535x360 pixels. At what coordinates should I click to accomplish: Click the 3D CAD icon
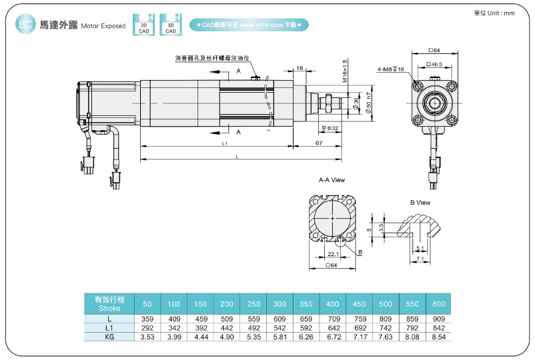tap(171, 24)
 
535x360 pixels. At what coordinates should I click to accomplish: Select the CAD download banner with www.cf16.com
tap(249, 25)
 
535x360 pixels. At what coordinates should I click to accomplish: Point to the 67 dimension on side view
tap(319, 143)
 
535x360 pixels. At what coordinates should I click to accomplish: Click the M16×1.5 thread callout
tap(345, 71)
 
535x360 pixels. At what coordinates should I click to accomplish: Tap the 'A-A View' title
tap(332, 180)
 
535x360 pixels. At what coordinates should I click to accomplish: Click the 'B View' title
tap(420, 203)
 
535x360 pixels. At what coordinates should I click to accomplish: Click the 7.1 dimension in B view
tap(420, 258)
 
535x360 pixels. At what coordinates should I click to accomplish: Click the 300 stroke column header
tap(280, 304)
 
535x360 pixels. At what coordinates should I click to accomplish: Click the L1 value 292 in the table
tap(147, 329)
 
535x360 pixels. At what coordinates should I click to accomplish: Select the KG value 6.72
tap(332, 337)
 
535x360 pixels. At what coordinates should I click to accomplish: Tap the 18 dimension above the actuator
tap(300, 68)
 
